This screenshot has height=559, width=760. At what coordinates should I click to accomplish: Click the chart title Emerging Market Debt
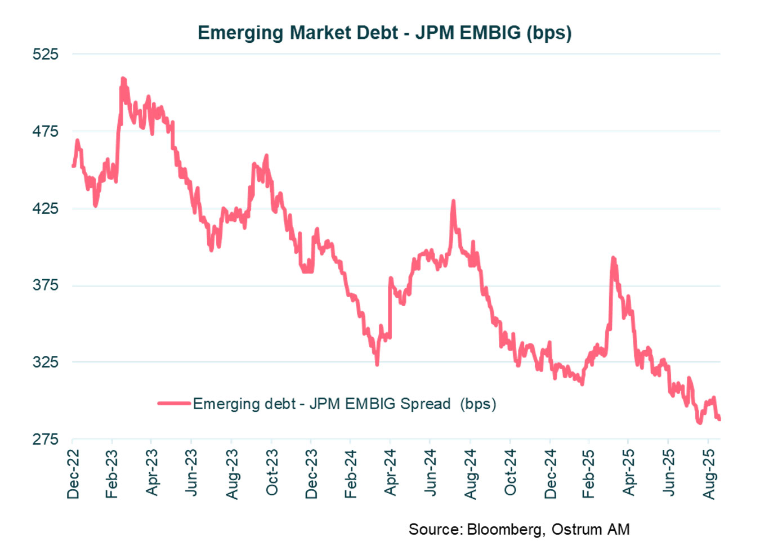[x=385, y=33]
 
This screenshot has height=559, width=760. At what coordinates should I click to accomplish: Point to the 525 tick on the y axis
[x=45, y=54]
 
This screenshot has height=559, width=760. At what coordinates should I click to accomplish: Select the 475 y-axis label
[x=45, y=131]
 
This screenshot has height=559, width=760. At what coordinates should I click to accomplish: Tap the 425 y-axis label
[x=45, y=208]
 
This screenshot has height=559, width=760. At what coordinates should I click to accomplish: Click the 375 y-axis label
[x=45, y=285]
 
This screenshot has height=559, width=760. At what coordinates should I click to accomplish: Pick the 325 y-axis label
[x=45, y=361]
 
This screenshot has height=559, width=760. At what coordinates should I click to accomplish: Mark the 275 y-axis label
[x=45, y=439]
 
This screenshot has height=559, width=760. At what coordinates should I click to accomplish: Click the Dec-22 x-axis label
[x=73, y=474]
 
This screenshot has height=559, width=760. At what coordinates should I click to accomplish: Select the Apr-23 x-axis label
[x=152, y=473]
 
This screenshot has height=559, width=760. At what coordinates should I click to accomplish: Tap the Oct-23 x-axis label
[x=272, y=473]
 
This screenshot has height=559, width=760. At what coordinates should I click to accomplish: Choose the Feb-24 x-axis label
[x=351, y=474]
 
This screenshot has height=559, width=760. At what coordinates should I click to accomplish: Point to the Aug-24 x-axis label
[x=470, y=474]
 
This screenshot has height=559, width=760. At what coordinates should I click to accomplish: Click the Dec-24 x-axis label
[x=550, y=474]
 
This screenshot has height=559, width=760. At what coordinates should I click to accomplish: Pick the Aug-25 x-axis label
[x=709, y=474]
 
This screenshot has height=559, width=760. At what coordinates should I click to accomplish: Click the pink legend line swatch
[x=174, y=403]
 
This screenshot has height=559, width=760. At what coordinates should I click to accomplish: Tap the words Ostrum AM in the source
[x=591, y=529]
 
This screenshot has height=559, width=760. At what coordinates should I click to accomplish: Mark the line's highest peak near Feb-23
[x=123, y=79]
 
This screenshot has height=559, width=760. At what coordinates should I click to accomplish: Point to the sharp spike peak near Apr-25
[x=613, y=258]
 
